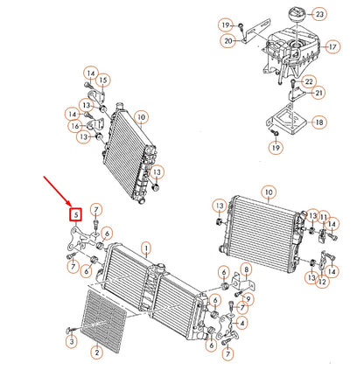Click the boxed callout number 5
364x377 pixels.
click(76, 213)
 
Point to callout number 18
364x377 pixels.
click(318, 122)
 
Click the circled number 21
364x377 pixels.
click(318, 93)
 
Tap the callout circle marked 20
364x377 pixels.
click(227, 40)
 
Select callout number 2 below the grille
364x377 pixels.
click(97, 352)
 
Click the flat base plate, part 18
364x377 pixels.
click(283, 122)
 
